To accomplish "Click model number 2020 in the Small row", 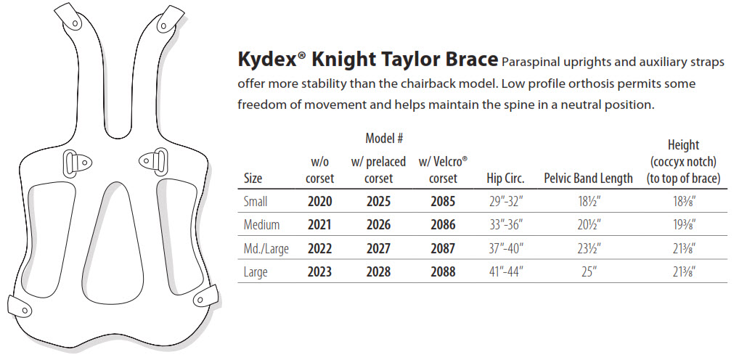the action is [319, 201].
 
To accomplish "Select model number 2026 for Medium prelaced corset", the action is [378, 224].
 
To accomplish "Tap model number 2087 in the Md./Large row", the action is [443, 248].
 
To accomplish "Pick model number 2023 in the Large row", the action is [319, 272].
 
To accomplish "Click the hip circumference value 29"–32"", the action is [506, 201].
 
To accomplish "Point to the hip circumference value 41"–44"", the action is [506, 272].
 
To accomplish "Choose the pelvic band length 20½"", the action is [589, 224].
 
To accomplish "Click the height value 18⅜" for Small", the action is [685, 201].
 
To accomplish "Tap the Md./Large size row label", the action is [266, 249].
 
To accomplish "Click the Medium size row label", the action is [261, 224].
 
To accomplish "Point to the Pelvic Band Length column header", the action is [588, 178].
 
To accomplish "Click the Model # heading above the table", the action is [384, 139].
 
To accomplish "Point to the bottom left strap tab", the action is [20, 306].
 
